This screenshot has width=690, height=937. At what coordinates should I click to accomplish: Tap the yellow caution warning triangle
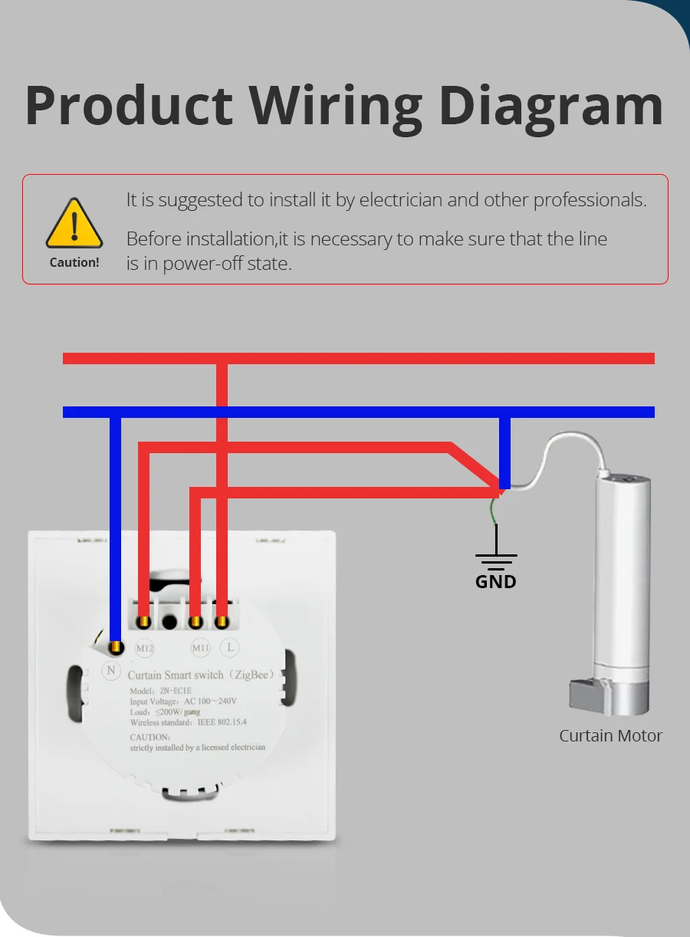click(x=74, y=224)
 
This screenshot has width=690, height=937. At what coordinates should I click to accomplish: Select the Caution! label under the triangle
click(x=74, y=262)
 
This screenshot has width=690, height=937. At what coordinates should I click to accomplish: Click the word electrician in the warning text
click(x=401, y=201)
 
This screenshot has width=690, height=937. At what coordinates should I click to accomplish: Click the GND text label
click(x=496, y=582)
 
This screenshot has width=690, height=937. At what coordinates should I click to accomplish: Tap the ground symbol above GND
click(x=496, y=558)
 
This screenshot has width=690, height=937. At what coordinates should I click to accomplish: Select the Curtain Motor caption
click(x=610, y=736)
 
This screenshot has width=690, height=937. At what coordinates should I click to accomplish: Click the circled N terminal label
click(x=112, y=671)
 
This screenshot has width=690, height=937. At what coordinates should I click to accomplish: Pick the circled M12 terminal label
click(x=145, y=648)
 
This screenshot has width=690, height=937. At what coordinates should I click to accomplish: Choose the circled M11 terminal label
click(x=200, y=648)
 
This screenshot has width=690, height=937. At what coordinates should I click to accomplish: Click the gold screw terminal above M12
click(x=143, y=622)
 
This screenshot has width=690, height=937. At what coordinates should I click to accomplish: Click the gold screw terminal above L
click(x=222, y=621)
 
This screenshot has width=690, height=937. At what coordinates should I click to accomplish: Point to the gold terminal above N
click(x=115, y=649)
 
